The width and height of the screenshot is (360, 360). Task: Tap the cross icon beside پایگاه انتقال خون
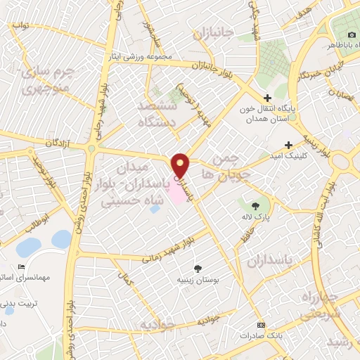click(266, 98)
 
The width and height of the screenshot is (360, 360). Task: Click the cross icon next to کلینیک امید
click(288, 144)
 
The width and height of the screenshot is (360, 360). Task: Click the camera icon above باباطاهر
click(352, 34)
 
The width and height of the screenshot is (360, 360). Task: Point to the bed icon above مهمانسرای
click(20, 267)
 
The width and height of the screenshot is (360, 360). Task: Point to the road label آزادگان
click(59, 143)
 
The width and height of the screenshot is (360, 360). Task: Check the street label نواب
click(21, 25)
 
